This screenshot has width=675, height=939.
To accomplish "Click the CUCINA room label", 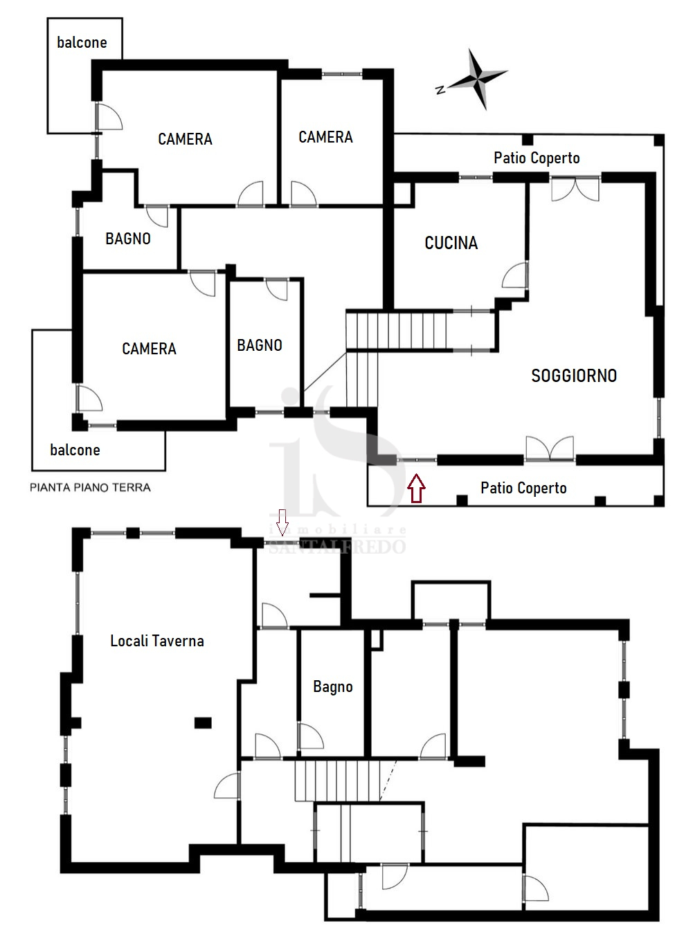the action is (451, 243).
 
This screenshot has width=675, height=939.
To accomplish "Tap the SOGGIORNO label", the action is (574, 376).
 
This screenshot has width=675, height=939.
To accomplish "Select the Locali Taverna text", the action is (157, 641).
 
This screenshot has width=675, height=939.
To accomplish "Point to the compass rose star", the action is (478, 79).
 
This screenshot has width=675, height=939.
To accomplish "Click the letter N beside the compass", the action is (440, 89).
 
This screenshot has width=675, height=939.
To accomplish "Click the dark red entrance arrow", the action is (416, 488).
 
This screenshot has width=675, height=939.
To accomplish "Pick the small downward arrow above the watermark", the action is (282, 522).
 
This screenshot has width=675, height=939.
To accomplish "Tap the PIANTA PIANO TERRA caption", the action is (90, 488).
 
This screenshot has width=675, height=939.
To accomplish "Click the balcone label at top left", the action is (82, 42).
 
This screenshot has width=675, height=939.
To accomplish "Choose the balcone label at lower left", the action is (75, 450).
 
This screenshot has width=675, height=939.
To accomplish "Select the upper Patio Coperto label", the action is (537, 158).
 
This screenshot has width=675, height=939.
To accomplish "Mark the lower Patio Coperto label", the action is (523, 488).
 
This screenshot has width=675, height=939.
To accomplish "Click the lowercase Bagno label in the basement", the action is (333, 687).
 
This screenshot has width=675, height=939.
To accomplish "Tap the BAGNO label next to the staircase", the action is (260, 345).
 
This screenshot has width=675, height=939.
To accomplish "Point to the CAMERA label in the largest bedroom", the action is (185, 139).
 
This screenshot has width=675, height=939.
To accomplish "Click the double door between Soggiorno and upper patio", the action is (575, 189).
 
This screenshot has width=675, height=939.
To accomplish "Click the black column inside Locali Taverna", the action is (203, 722).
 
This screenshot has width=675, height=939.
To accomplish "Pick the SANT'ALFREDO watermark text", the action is (337, 547).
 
